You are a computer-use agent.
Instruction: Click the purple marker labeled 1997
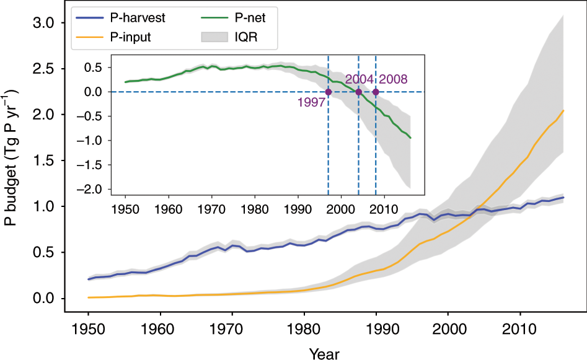pyautogui.click(x=329, y=92)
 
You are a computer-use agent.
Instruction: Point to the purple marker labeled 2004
pyautogui.click(x=358, y=92)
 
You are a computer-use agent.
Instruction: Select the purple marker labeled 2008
pyautogui.click(x=376, y=92)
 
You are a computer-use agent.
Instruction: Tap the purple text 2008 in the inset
pyautogui.click(x=394, y=79)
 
